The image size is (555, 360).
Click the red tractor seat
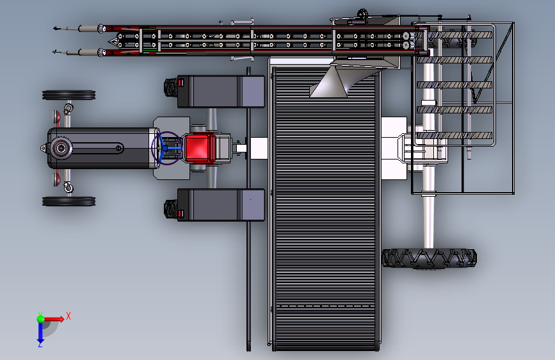point(199,148)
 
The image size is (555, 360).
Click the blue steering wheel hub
point(165,148)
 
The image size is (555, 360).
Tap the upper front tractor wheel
point(68,95)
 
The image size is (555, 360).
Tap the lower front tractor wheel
point(68,201)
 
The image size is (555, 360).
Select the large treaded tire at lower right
point(429,258)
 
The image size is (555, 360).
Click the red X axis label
point(68,316)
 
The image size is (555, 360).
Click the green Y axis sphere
point(41,318)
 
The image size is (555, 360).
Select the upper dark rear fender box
point(221,92)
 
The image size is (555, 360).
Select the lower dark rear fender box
point(221,205)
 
